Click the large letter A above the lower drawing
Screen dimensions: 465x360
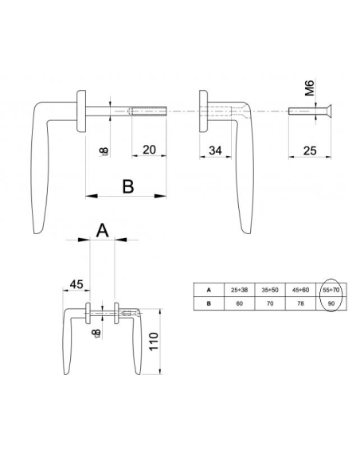point(102,231)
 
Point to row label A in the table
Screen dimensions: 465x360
point(209,290)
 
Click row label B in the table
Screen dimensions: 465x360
point(209,303)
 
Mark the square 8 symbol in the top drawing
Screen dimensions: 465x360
point(104,150)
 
